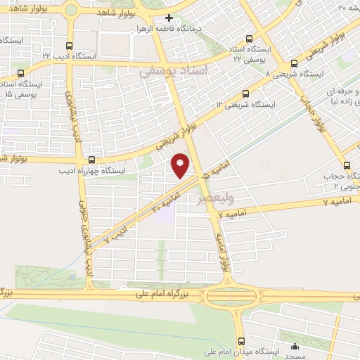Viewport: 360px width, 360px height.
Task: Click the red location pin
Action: (181, 166)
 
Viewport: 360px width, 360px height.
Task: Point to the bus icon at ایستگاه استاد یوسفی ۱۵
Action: (20, 72)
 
